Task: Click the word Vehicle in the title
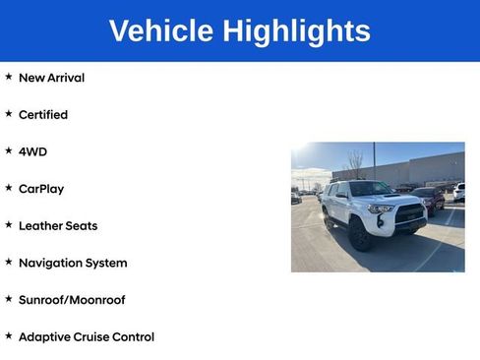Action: [161, 31]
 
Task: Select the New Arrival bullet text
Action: [51, 78]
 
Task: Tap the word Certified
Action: [43, 115]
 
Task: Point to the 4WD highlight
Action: [32, 151]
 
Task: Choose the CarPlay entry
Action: [41, 189]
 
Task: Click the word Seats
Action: [83, 226]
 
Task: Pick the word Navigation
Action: [51, 263]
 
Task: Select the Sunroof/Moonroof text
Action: [72, 300]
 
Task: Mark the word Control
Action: [134, 337]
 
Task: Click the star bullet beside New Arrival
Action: [9, 77]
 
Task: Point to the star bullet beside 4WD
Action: [9, 150]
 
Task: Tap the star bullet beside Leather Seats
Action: [9, 225]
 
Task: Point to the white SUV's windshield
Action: [370, 189]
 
